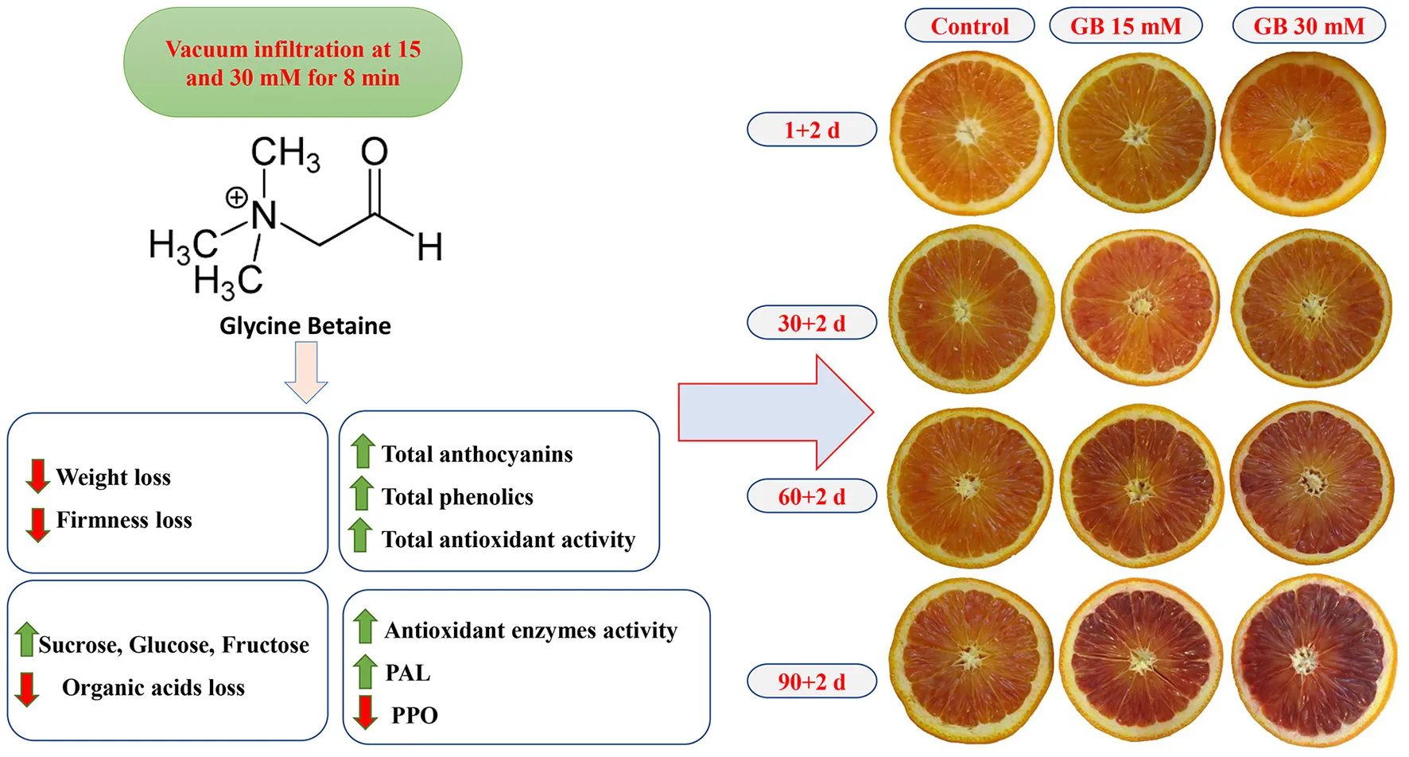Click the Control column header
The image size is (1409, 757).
tap(969, 26)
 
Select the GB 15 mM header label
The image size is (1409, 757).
tap(1125, 26)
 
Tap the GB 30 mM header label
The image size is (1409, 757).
tap(1309, 26)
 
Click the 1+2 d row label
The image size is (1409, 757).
tap(812, 130)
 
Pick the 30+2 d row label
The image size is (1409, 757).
tap(812, 323)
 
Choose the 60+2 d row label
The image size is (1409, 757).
tap(812, 496)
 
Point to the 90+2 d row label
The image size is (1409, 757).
tap(812, 681)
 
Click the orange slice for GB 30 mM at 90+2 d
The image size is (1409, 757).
tap(1313, 659)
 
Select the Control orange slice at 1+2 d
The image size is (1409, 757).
tap(971, 133)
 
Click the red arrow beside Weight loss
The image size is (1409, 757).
tap(37, 476)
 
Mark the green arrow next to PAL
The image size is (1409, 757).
tap(365, 671)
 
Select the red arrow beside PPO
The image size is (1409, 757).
tap(365, 712)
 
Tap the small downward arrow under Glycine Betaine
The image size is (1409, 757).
tap(306, 372)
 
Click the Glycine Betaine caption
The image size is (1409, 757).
tap(305, 326)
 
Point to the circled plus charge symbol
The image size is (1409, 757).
tap(236, 197)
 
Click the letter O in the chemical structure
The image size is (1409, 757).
tap(375, 151)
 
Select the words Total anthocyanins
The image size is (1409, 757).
tap(477, 454)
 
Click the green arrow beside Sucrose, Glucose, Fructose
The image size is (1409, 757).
tap(26, 639)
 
